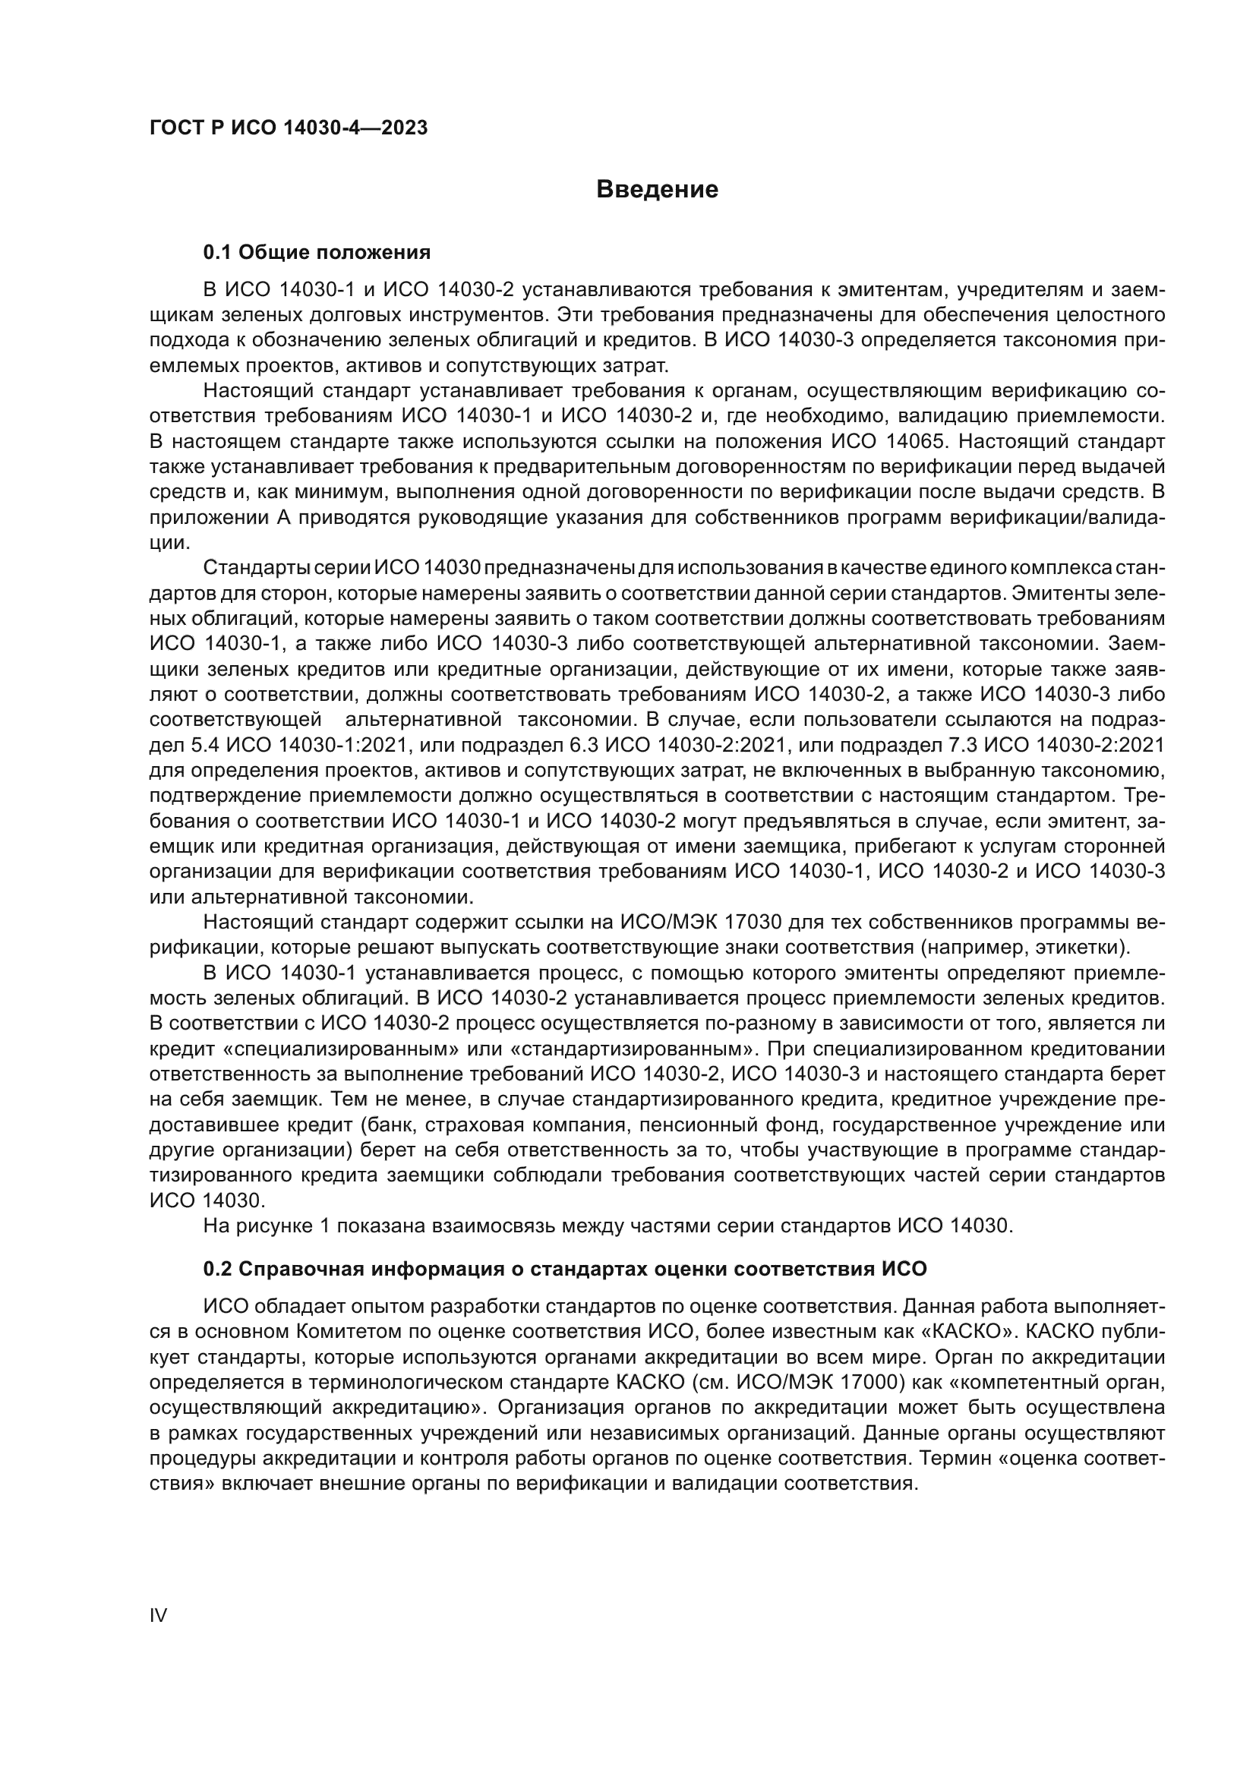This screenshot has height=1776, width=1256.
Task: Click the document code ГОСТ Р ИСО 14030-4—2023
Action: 289,128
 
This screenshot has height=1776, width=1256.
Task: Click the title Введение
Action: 658,190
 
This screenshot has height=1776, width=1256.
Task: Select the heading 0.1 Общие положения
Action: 317,252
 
